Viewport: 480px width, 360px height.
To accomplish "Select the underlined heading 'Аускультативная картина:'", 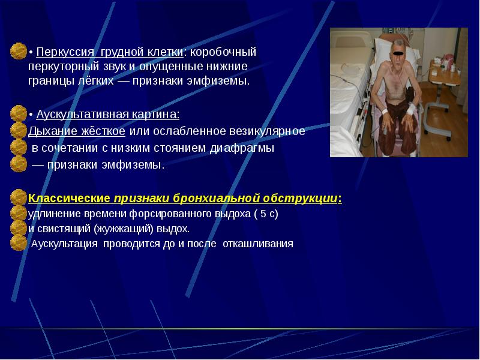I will point(107,114).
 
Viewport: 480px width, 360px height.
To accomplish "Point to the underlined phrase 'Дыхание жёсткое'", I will point(77,131).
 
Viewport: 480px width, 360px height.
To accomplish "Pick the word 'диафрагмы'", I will point(247,148).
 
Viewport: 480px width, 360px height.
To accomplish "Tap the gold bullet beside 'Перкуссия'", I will point(19,52).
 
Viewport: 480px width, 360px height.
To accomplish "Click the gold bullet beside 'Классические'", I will point(19,197).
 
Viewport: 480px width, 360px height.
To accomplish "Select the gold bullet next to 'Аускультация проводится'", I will point(19,244).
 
